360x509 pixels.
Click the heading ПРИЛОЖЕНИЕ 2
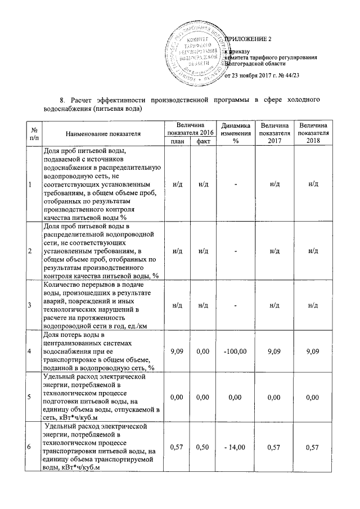point(249,39)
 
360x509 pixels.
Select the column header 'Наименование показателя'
point(103,133)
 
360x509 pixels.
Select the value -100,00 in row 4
point(233,351)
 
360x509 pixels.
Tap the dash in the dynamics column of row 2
point(233,250)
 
